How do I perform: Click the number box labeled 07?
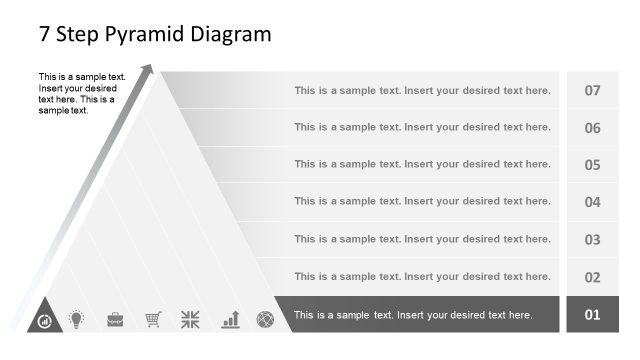(x=592, y=90)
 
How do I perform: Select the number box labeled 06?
(x=592, y=128)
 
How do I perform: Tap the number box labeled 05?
(x=592, y=165)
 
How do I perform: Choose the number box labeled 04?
(x=592, y=202)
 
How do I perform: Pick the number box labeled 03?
(x=592, y=240)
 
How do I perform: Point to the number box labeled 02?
(x=592, y=277)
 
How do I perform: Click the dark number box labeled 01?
(x=592, y=315)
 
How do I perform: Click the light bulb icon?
(x=76, y=319)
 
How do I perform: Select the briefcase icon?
(x=115, y=319)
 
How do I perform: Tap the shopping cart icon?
(x=153, y=319)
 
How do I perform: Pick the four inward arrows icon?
(x=190, y=319)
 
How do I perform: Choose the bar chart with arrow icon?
(x=230, y=319)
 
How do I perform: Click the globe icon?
(x=265, y=319)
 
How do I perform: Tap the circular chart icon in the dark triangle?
(x=44, y=321)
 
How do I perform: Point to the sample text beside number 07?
(x=422, y=90)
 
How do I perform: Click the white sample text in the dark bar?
(x=412, y=315)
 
